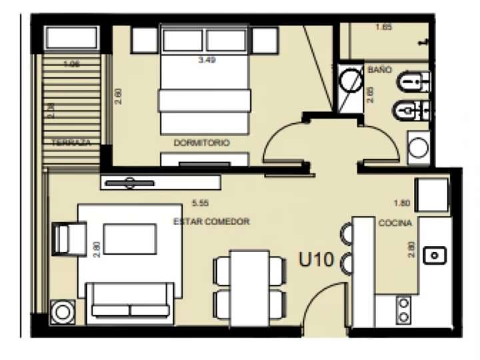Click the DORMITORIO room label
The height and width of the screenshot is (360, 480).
click(201, 143)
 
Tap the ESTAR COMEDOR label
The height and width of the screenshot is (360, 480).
click(211, 221)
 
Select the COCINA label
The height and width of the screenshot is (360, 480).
click(395, 223)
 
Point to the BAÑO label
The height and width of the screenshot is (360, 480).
click(379, 69)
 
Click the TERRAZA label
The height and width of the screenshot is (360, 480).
click(71, 143)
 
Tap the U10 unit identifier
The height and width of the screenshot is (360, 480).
click(316, 259)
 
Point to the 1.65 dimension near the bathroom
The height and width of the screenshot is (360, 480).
click(383, 27)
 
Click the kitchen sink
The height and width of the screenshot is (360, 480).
click(436, 253)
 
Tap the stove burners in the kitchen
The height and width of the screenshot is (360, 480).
click(404, 307)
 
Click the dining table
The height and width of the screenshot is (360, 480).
click(250, 287)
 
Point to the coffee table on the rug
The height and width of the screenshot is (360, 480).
click(129, 239)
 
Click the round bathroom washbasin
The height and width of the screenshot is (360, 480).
click(419, 147)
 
